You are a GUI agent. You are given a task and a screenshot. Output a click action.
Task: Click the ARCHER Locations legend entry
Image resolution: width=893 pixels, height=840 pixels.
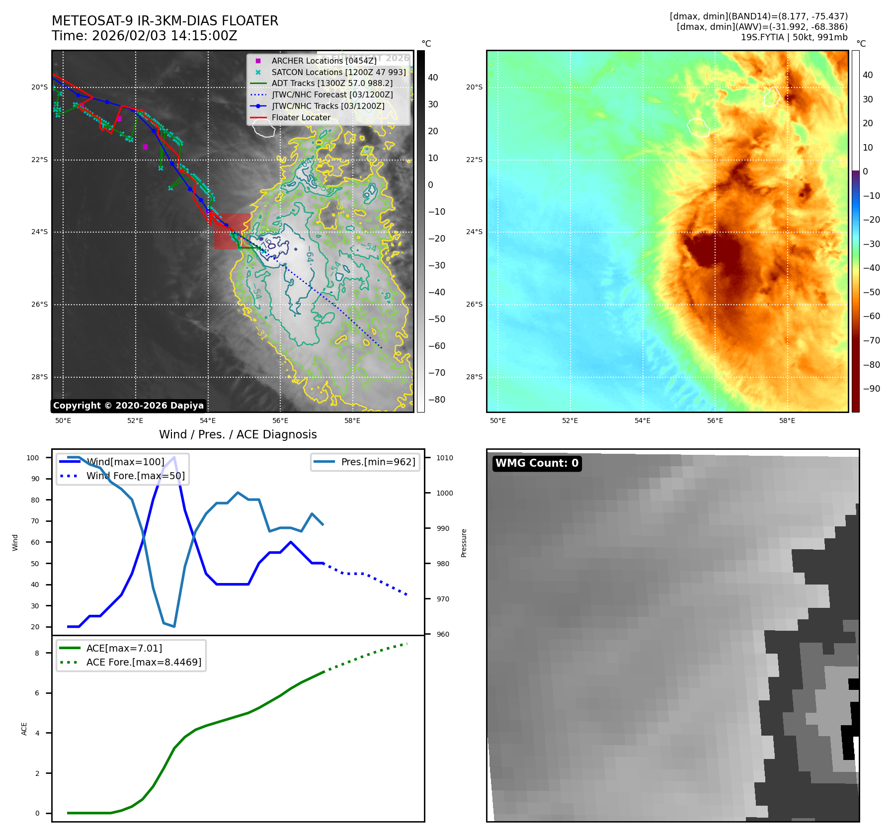pyautogui.click(x=324, y=61)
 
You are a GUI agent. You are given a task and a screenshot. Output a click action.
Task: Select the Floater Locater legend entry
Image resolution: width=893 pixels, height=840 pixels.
pyautogui.click(x=301, y=117)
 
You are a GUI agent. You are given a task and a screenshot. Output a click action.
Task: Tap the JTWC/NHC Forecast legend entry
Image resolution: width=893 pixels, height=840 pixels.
pyautogui.click(x=332, y=94)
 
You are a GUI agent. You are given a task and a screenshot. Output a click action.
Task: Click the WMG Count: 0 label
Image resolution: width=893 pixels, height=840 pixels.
pyautogui.click(x=537, y=463)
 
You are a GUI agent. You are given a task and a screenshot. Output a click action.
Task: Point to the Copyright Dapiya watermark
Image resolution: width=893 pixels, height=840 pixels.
pyautogui.click(x=128, y=406)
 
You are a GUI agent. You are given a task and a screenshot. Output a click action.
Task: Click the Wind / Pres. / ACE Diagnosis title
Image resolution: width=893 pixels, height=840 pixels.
pyautogui.click(x=238, y=434)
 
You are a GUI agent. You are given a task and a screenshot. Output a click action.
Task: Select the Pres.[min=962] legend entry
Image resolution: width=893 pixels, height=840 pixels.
pyautogui.click(x=378, y=462)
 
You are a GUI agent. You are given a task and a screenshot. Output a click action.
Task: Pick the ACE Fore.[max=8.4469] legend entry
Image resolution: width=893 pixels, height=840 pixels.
pyautogui.click(x=144, y=662)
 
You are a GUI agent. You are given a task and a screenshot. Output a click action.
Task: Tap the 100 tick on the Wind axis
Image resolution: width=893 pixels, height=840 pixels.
pyautogui.click(x=33, y=458)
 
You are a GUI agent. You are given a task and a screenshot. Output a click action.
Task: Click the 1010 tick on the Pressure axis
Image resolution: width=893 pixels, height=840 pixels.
pyautogui.click(x=445, y=458)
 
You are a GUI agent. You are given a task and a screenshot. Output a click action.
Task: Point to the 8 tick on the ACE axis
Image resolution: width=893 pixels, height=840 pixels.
pyautogui.click(x=37, y=653)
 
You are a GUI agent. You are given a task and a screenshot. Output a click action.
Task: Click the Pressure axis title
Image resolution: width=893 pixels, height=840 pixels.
pyautogui.click(x=464, y=543)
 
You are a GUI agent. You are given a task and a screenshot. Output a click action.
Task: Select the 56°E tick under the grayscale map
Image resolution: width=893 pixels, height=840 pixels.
pyautogui.click(x=280, y=420)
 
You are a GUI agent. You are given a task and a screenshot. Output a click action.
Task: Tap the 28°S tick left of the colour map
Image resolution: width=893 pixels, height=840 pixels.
pyautogui.click(x=474, y=377)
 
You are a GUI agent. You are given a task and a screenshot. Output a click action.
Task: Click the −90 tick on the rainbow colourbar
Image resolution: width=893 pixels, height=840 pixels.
pyautogui.click(x=872, y=389)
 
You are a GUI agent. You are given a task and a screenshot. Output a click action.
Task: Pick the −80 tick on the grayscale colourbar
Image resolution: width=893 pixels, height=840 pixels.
pyautogui.click(x=437, y=400)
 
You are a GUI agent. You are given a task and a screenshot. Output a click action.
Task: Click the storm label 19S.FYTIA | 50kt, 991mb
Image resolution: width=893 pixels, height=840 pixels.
pyautogui.click(x=794, y=37)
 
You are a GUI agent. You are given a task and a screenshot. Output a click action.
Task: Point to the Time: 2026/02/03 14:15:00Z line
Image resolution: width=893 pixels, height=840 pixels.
pyautogui.click(x=144, y=36)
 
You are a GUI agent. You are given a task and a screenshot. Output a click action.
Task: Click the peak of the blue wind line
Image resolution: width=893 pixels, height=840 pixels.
pyautogui.click(x=174, y=457)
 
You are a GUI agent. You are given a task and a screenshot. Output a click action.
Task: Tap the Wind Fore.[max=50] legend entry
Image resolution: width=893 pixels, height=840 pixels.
pyautogui.click(x=135, y=476)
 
